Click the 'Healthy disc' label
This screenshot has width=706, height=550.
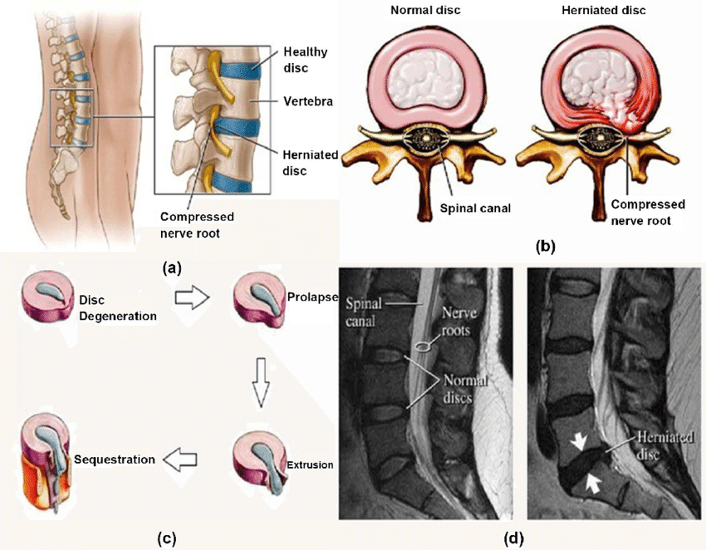305,59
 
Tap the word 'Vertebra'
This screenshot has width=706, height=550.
307,101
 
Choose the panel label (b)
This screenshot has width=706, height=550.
546,246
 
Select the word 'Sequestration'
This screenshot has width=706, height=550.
114,459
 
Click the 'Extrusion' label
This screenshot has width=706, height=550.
311,465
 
